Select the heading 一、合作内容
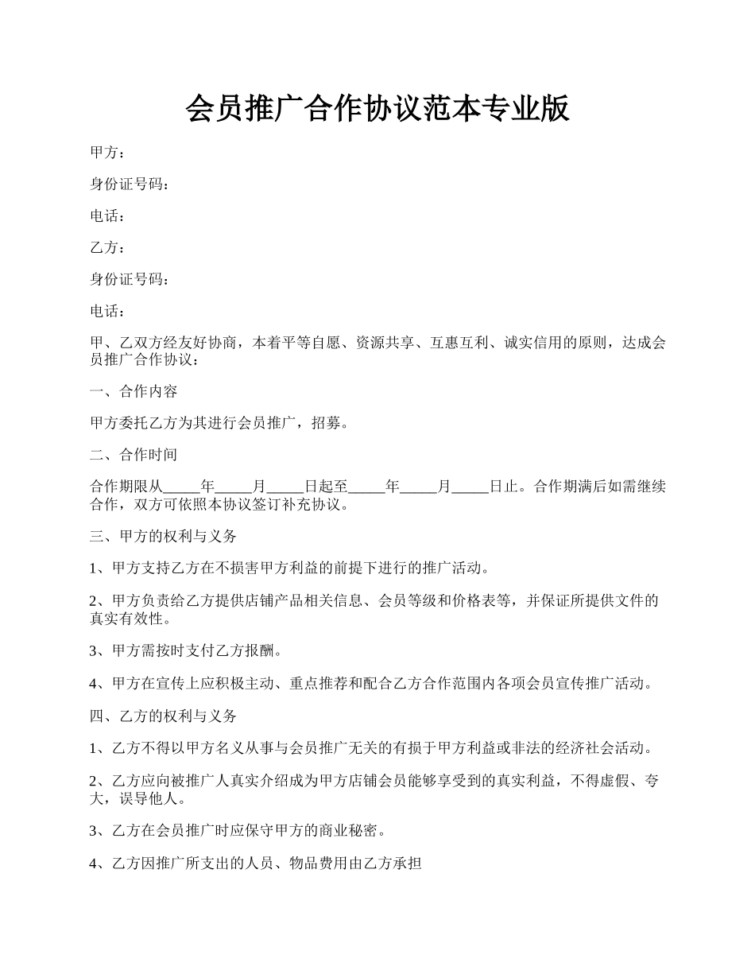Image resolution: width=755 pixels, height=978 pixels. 134,391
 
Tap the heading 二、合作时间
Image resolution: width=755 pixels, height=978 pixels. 134,455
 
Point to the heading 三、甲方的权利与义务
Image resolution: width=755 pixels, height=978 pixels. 163,537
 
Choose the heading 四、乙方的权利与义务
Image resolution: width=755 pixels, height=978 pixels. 163,716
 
